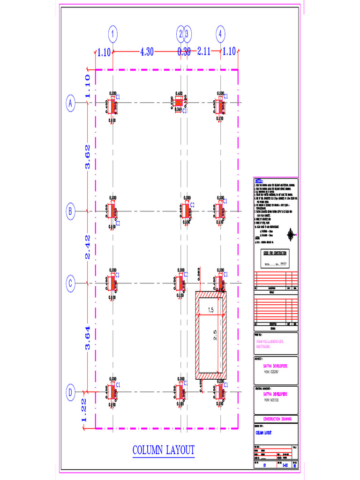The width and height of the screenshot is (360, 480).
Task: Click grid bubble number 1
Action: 113,34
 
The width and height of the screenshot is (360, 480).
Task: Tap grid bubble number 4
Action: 221,34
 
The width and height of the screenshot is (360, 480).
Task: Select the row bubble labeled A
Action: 70,103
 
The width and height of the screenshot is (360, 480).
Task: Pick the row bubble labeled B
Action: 70,211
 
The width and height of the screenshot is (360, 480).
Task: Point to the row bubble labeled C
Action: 70,284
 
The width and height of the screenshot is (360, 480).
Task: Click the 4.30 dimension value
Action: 147,52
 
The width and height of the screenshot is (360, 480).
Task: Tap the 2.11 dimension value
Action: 203,52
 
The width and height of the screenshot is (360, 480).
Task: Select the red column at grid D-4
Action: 220,391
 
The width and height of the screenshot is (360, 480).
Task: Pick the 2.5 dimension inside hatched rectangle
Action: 215,336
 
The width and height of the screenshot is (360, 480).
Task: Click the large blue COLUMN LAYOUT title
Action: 163,450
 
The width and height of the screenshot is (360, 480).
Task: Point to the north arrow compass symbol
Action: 291,233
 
